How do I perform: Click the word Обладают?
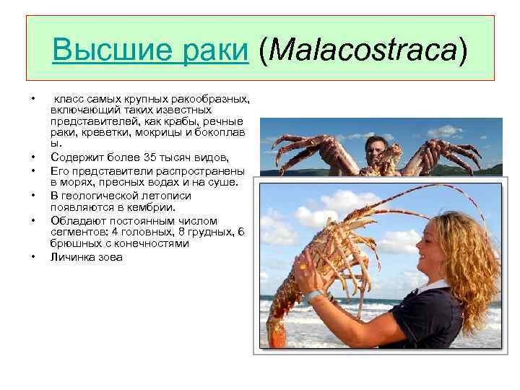coord(76,220)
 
